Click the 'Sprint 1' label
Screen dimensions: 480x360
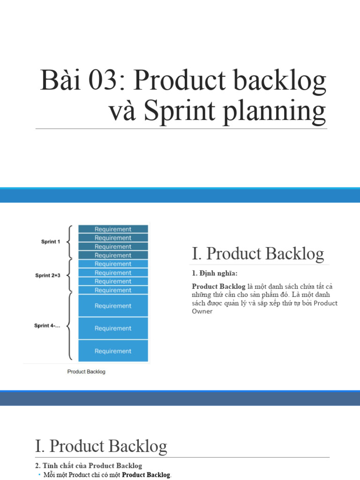tap(50, 242)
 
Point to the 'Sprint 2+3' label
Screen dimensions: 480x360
tap(48, 276)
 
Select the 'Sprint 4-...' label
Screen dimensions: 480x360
tap(47, 325)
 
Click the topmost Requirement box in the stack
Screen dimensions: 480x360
tap(113, 229)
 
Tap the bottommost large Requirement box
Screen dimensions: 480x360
tap(113, 351)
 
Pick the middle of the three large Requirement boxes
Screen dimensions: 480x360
tap(113, 329)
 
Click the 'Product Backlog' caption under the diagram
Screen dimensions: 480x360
tap(86, 372)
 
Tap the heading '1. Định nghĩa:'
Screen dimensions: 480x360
tap(211, 273)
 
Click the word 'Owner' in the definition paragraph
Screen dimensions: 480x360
tap(202, 311)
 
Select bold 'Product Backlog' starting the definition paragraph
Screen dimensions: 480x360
tap(218, 286)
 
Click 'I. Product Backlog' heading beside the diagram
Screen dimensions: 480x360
tap(258, 254)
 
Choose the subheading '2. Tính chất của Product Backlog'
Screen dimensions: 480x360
tap(89, 465)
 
